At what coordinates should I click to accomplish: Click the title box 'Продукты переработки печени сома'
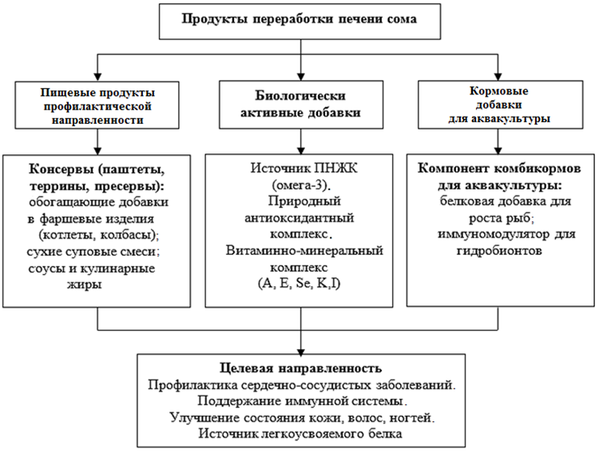(x=300, y=22)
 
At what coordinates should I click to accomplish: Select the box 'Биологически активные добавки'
(x=301, y=104)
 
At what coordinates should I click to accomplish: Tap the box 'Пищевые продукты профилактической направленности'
(x=97, y=105)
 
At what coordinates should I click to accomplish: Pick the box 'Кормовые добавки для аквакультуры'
(x=500, y=104)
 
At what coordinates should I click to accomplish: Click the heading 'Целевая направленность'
(x=301, y=368)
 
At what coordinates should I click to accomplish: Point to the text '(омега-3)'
(x=302, y=185)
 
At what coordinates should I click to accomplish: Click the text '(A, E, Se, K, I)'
(x=300, y=284)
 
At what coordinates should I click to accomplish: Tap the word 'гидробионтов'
(x=499, y=251)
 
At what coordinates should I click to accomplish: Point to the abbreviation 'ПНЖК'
(x=335, y=168)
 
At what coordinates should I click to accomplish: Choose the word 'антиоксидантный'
(x=300, y=217)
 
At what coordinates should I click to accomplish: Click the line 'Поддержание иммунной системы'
(x=302, y=401)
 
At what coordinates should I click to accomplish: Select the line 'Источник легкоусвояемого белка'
(x=300, y=433)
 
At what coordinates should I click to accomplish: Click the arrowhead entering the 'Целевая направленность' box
(x=301, y=351)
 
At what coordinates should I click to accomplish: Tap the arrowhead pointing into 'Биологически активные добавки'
(x=301, y=77)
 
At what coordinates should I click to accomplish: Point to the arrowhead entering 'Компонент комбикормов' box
(x=498, y=150)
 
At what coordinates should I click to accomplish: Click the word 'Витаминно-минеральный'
(x=304, y=250)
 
